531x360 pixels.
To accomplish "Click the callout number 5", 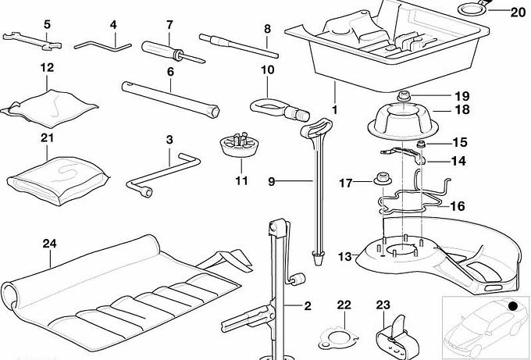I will coord(46,24).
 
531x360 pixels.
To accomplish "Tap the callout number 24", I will coord(50,243).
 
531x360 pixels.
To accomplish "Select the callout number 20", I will coord(519,12).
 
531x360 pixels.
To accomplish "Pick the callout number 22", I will coord(344,305).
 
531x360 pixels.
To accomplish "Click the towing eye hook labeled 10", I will coord(273,106).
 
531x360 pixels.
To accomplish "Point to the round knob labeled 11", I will coord(240,146).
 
